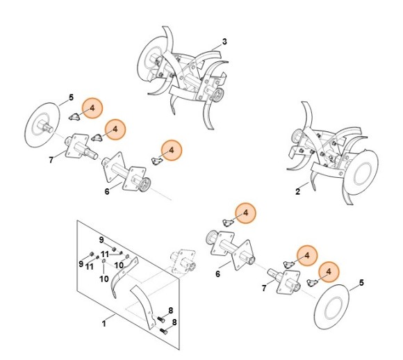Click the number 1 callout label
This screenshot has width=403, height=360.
point(104,323)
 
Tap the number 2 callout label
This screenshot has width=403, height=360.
point(297,192)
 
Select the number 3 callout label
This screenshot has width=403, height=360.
point(224,42)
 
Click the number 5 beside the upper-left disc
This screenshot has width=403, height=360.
point(71,97)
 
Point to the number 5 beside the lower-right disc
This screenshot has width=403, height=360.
point(361,283)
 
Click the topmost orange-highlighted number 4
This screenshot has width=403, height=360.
point(92,108)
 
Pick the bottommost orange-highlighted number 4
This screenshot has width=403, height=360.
point(329,272)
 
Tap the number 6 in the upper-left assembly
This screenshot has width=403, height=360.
point(107,192)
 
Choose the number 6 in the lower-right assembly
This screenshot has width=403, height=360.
point(217,274)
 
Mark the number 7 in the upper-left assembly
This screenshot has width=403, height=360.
point(51,160)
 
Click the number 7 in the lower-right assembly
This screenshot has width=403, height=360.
point(264,288)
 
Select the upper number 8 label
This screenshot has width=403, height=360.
point(171,311)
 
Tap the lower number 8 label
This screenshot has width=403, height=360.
point(174,322)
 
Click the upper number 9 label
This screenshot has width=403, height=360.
point(101,240)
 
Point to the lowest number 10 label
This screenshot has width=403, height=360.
point(104,279)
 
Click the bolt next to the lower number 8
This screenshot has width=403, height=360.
point(164,332)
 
